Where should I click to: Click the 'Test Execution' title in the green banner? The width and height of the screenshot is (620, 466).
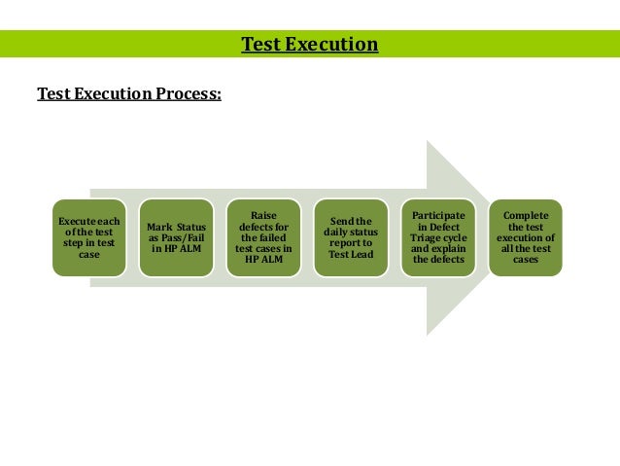click(x=309, y=45)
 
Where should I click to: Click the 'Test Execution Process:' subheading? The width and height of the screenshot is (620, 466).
click(x=129, y=94)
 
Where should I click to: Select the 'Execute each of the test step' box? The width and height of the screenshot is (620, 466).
click(x=88, y=238)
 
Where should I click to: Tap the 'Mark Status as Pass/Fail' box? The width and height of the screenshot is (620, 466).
click(x=176, y=238)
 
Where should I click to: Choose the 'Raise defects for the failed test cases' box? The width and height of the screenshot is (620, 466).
click(x=263, y=238)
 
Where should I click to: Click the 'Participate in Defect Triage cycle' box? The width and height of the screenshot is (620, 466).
click(x=438, y=238)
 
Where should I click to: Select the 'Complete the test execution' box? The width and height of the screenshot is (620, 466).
click(x=526, y=238)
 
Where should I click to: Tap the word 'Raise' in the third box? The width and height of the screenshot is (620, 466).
click(x=263, y=215)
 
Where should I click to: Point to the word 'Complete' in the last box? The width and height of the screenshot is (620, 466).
click(x=526, y=215)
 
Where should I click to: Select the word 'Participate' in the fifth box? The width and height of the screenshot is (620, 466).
click(x=438, y=215)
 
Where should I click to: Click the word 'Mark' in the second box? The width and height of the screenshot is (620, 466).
click(x=158, y=227)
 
